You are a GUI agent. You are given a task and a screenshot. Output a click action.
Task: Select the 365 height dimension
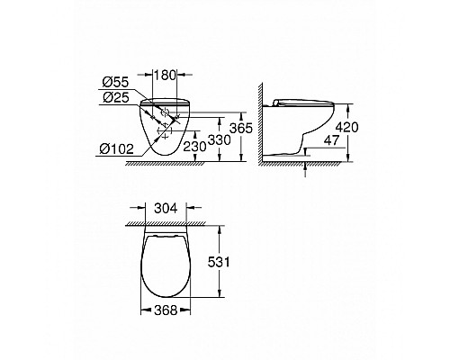click(x=256, y=129)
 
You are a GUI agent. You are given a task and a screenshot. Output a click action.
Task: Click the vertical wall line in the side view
click(x=265, y=126)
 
